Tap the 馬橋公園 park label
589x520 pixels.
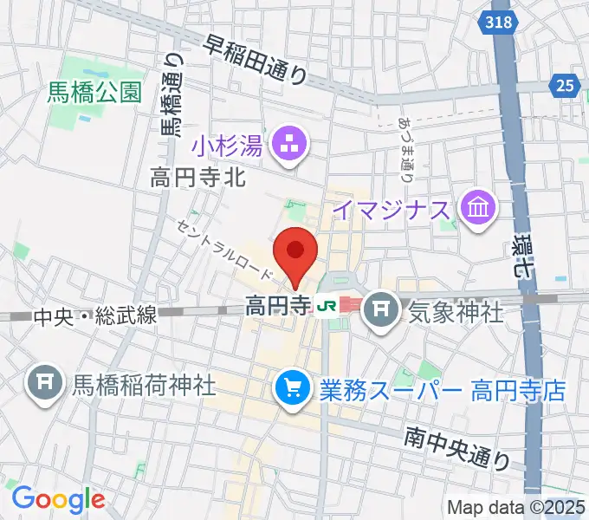(x=95, y=93)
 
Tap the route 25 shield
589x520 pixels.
(x=565, y=84)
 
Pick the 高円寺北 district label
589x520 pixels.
(x=199, y=179)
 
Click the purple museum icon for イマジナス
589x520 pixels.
(x=477, y=208)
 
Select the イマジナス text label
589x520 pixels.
(x=392, y=209)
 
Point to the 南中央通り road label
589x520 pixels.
(x=456, y=449)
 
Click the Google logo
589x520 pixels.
(x=58, y=499)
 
